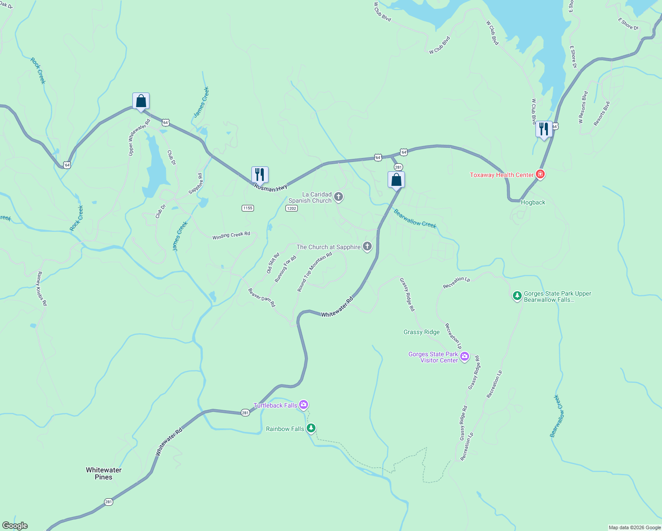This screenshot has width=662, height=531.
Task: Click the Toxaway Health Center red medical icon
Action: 540,174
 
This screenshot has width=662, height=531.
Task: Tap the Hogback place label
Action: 533,202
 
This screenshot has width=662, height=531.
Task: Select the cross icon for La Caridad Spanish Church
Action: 339,197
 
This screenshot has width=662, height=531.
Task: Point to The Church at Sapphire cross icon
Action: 367,246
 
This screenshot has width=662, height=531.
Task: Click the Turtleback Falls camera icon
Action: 303,404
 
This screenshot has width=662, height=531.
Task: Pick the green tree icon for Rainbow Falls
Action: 311,428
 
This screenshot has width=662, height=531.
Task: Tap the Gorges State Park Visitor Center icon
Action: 464,357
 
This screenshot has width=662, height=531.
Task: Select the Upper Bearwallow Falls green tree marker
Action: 517,296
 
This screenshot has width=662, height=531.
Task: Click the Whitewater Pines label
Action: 104,473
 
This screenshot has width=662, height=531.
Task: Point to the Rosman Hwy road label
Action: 271,188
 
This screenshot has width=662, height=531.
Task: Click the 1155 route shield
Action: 248,208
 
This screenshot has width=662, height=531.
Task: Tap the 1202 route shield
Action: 291,208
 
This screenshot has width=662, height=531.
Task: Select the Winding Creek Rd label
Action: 231,235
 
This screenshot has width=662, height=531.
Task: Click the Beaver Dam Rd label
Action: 262,298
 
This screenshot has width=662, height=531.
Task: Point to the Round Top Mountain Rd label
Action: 314,272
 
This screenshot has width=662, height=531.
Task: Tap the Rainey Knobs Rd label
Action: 42,289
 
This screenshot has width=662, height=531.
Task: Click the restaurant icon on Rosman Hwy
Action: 260,174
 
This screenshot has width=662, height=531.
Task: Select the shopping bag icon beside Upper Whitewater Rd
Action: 141,101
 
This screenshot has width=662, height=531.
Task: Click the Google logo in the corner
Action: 15,526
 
